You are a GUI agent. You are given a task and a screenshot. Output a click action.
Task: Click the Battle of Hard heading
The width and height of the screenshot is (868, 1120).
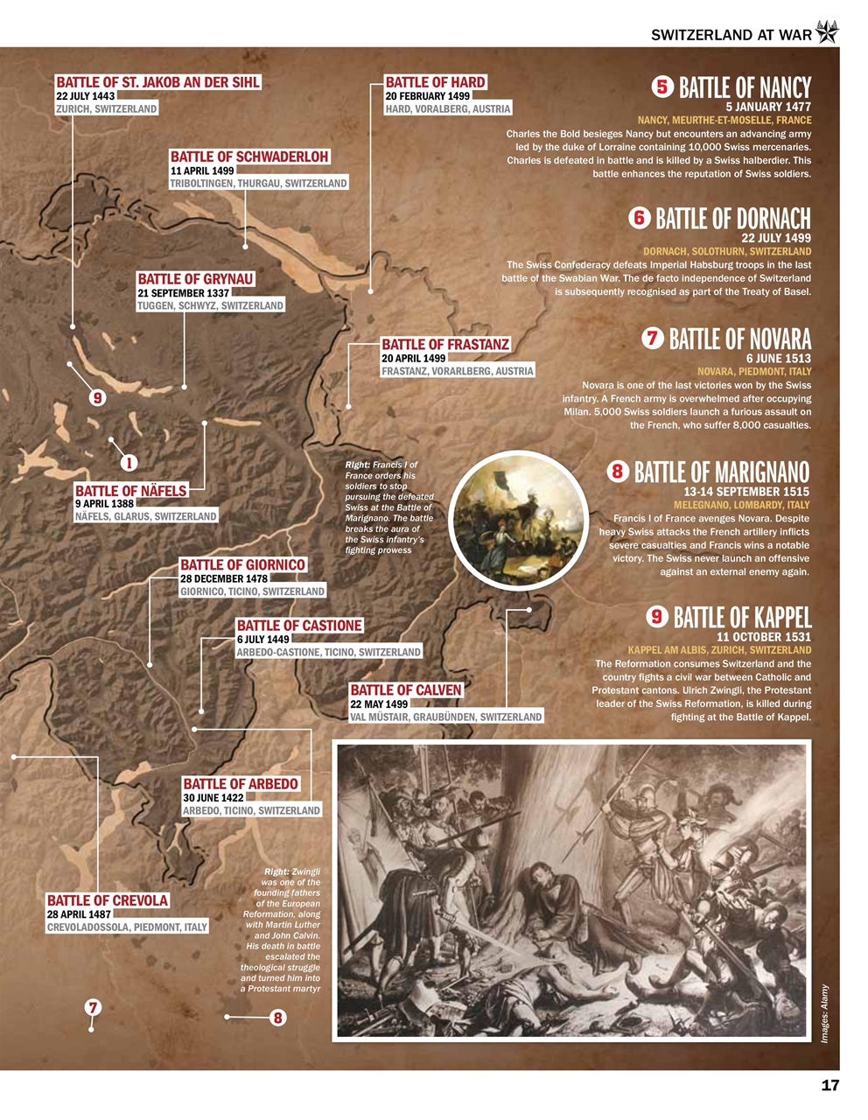435,82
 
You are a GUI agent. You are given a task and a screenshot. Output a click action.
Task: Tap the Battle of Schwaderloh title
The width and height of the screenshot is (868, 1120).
249,157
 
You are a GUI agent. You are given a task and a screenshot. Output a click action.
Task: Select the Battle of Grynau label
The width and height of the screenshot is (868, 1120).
195,279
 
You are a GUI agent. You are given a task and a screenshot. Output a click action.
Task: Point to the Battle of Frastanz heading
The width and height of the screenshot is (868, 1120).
445,345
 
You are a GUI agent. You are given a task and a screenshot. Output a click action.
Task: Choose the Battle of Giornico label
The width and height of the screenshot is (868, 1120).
242,565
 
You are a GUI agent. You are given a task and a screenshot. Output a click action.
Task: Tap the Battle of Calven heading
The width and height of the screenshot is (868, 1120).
405,690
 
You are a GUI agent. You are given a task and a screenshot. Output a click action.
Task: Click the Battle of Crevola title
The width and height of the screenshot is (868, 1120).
108,900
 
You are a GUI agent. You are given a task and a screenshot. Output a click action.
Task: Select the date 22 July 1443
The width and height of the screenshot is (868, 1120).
86,96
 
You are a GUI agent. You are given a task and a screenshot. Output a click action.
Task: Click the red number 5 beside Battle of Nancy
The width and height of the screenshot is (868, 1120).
661,87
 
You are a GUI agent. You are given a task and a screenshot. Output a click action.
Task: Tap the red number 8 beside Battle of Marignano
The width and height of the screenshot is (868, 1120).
618,472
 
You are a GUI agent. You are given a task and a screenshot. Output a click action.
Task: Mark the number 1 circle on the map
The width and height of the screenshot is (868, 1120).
128,462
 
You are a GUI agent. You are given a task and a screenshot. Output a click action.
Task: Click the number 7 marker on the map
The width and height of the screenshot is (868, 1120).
92,1007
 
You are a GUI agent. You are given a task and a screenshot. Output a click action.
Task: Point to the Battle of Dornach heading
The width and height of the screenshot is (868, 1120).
732,219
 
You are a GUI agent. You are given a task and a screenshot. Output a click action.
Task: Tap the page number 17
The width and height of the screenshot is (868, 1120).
829,1086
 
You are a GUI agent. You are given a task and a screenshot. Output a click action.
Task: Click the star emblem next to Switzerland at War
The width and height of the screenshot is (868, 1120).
827,33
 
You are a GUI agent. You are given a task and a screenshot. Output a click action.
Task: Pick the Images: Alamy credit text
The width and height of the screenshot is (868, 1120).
824,1013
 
